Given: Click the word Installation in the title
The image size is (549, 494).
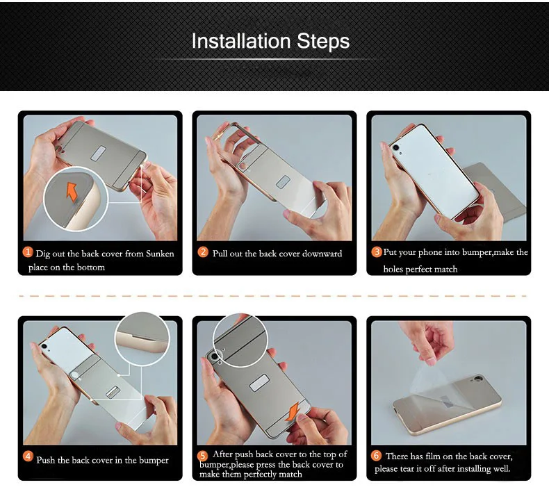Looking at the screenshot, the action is [x=241, y=41].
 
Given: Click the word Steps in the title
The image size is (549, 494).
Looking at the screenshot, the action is [x=323, y=42].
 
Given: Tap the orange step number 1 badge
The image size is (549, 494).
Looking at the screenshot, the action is [x=28, y=252].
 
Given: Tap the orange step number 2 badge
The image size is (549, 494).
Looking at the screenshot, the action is [x=203, y=252].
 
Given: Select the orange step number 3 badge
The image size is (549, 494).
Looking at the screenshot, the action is [x=377, y=252].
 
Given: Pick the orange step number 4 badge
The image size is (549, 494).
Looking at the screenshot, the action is [x=28, y=456].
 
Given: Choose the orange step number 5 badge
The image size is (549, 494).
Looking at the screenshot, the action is [x=202, y=456].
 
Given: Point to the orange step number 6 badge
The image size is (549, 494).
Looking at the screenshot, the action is [x=376, y=456].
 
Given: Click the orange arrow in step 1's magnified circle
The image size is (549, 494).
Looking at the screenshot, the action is [x=72, y=192].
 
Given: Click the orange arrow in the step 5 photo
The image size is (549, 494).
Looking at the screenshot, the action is [x=292, y=412].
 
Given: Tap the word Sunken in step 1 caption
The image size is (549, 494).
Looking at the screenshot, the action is [x=160, y=254].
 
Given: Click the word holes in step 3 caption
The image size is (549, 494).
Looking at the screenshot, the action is [x=393, y=269].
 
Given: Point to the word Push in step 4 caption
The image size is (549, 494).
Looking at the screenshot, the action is [x=45, y=460].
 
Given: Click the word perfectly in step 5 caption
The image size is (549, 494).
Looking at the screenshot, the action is [x=262, y=475].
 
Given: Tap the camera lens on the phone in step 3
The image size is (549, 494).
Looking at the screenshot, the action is [x=395, y=148].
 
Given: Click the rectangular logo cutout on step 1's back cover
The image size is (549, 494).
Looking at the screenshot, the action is [x=99, y=154].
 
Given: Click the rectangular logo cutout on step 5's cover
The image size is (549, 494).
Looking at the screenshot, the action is [x=259, y=382].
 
